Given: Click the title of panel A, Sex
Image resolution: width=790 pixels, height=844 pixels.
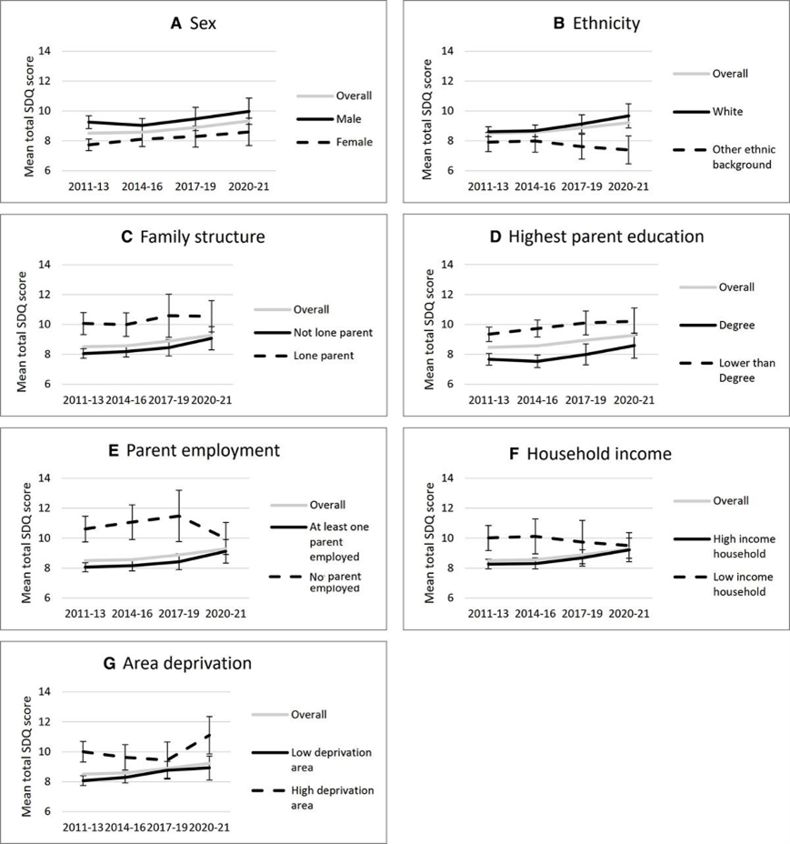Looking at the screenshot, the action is [x=194, y=24].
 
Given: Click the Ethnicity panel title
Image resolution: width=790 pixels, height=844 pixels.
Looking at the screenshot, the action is [x=596, y=24].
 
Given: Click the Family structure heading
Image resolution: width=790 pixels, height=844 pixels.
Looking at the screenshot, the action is [x=194, y=236].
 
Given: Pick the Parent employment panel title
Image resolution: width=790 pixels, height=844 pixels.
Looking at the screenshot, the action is [x=195, y=450].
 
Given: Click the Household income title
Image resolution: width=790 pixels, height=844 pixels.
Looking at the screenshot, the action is [x=590, y=454].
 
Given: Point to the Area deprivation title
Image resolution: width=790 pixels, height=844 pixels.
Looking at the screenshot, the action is [x=177, y=664].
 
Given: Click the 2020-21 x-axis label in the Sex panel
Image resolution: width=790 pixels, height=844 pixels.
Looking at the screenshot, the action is [x=248, y=186].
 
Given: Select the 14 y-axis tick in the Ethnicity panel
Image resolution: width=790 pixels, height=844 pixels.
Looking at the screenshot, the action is [x=448, y=51].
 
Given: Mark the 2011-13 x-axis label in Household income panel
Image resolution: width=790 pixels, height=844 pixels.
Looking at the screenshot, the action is [x=487, y=614].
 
